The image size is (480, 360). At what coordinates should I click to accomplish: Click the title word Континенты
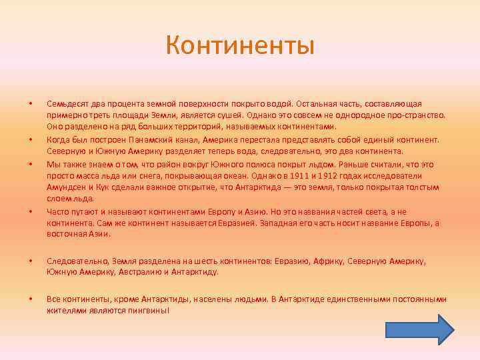point(240,46)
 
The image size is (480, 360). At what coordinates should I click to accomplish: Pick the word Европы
point(416,223)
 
